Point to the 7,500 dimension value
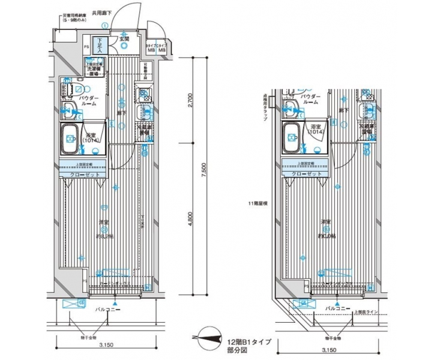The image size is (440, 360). point(205,174)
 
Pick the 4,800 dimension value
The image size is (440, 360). point(190,220)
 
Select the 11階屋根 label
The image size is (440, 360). point(258,204)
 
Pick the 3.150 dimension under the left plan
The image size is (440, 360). point(106,346)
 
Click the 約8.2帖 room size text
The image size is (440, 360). point(105,235)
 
